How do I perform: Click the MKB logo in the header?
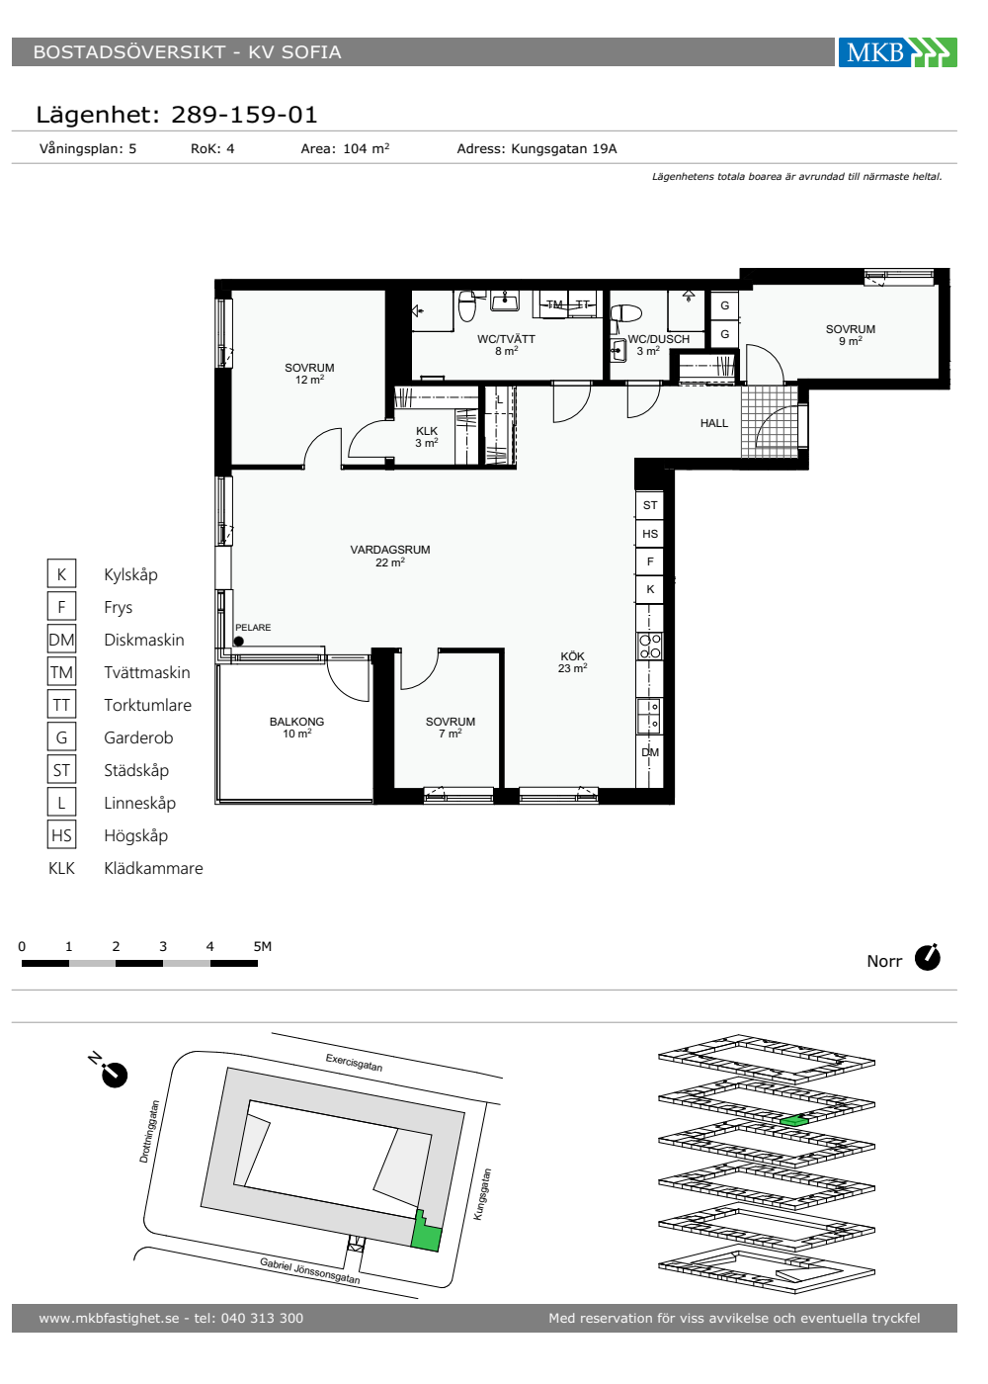[897, 51]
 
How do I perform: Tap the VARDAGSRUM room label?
[389, 550]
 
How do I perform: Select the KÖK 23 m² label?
[572, 662]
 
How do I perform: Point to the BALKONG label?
[296, 722]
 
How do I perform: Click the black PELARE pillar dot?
[238, 642]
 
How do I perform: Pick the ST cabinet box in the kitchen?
[650, 505]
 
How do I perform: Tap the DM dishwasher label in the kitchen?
[650, 752]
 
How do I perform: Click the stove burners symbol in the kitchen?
[650, 647]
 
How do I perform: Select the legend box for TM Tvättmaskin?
[61, 672]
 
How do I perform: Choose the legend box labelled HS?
[61, 835]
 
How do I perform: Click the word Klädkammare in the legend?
[153, 868]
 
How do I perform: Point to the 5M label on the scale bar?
[263, 946]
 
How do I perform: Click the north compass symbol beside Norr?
[927, 958]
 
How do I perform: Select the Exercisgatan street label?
[354, 1063]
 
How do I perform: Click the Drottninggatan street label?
[149, 1132]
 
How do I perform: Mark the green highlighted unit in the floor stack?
[793, 1121]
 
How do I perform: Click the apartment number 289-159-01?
[244, 115]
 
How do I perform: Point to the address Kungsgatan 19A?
[564, 149]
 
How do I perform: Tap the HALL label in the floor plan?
[713, 423]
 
